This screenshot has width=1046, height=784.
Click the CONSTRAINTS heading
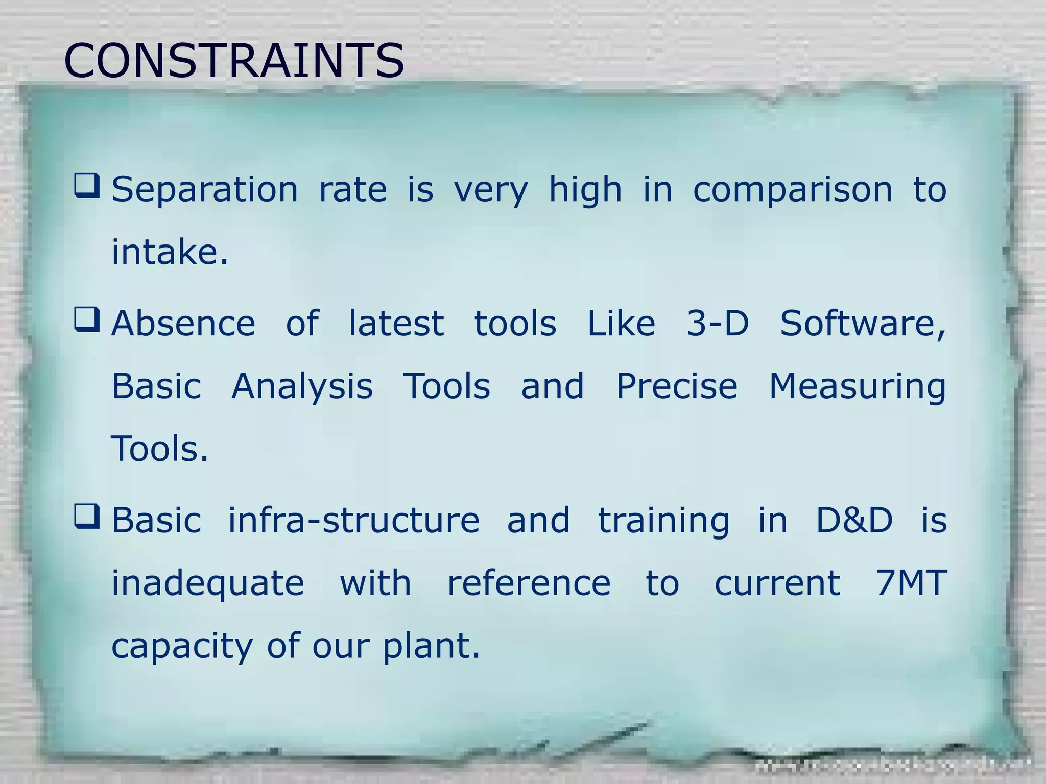point(234,61)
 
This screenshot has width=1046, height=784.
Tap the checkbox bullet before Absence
point(87,320)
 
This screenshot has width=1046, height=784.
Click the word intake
point(170,252)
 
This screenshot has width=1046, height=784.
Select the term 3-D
point(718,324)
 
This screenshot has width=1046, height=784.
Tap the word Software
point(862,324)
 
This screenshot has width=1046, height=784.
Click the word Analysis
point(302,387)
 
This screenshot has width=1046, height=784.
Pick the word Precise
point(677,386)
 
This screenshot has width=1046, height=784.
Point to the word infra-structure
point(353,521)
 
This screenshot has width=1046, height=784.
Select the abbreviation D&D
point(854,521)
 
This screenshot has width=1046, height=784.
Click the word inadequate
point(208,584)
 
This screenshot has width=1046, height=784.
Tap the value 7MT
point(911,583)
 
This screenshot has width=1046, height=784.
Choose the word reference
point(529,583)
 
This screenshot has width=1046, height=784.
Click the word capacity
point(182,647)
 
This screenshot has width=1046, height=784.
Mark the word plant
point(432,647)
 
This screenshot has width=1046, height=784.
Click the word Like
point(621,324)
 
